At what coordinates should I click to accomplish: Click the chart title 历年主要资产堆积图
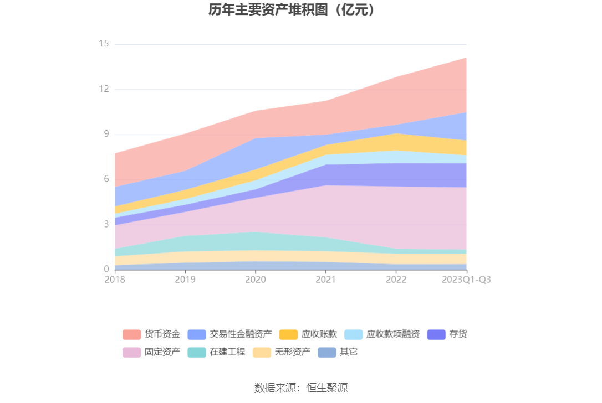point(292,10)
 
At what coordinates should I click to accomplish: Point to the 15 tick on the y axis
point(104,44)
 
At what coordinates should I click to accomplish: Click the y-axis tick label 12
point(104,89)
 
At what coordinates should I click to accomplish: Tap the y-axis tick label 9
point(106,134)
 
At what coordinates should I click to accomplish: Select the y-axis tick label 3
point(106,224)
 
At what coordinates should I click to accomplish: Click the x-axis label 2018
point(115,280)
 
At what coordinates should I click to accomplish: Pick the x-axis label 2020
point(255,280)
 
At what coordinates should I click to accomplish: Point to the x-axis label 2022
point(396,280)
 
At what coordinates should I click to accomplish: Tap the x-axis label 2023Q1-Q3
point(466,280)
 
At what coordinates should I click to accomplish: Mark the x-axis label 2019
point(185,280)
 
